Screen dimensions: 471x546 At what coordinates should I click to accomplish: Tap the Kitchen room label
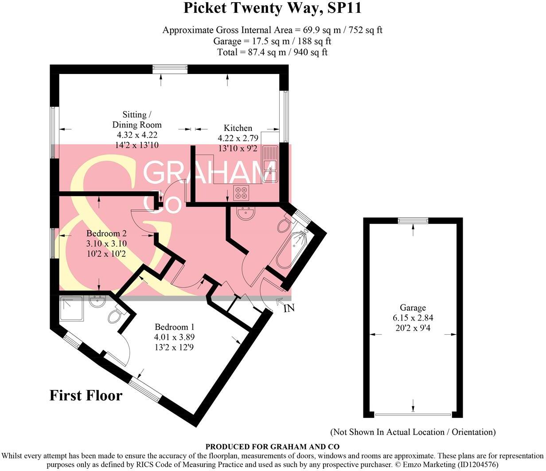coord(238,128)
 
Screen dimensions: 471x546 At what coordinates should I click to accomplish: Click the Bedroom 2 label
coord(107,233)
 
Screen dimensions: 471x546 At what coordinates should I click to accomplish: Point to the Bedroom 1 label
coord(175,327)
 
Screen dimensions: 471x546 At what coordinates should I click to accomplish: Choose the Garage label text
coord(413,308)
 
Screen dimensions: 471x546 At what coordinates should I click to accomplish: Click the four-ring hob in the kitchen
coord(242,193)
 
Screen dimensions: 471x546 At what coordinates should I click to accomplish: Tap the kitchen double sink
coord(269,164)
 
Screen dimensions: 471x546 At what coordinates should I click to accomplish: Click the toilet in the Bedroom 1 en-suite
coord(116,316)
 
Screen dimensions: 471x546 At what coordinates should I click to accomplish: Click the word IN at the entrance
coord(289,309)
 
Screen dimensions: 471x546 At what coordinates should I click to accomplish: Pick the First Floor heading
coord(86,395)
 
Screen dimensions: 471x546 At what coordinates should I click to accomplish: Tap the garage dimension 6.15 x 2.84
coord(413,317)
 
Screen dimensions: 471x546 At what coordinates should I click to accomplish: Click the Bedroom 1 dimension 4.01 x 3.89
coord(175,337)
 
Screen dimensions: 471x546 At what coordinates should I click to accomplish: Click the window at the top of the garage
coord(413,220)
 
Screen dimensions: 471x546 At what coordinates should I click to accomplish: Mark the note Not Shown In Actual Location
coord(413,432)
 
